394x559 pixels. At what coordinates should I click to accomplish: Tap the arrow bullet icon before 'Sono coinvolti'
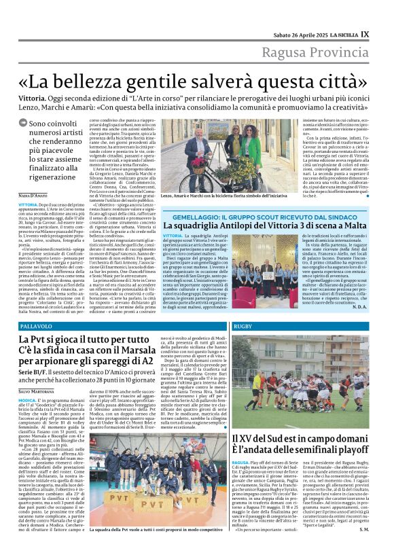click(23, 124)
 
